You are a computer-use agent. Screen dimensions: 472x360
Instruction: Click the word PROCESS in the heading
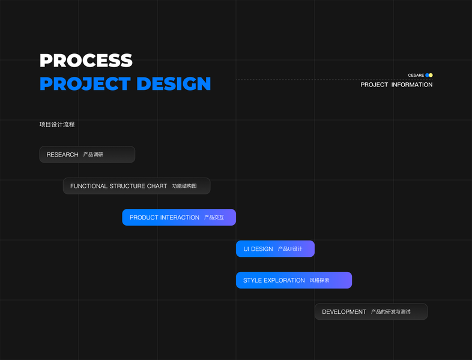pos(86,60)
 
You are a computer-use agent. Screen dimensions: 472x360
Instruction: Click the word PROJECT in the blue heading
pos(85,83)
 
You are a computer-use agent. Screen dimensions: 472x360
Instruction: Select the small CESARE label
pos(416,76)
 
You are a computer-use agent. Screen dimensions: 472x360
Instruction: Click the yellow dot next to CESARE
pos(431,76)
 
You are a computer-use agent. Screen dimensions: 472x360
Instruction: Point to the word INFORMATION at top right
pos(412,85)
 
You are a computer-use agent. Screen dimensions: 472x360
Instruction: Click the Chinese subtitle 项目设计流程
pos(57,125)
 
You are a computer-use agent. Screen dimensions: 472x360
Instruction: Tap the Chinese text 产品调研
pos(93,155)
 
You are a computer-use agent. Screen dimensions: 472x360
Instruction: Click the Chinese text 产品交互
pos(214,217)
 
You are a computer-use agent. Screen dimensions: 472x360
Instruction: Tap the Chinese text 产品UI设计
pos(290,249)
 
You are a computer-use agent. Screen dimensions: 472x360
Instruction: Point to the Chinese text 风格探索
pos(319,280)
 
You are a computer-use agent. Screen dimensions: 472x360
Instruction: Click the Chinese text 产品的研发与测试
pos(391,312)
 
